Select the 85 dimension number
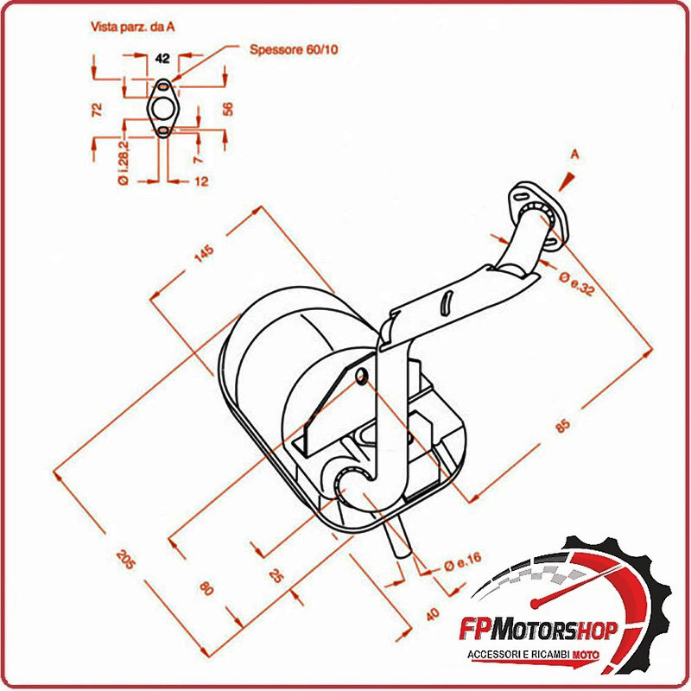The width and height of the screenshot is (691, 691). tap(562, 426)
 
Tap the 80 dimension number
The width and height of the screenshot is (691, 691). tap(206, 589)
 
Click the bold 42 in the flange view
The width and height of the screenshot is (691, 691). tap(162, 59)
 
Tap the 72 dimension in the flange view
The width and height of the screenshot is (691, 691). tap(97, 109)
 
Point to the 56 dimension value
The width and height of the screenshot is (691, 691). tap(228, 109)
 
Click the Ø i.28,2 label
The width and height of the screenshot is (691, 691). tap(123, 160)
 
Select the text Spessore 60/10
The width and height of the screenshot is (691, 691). tap(294, 50)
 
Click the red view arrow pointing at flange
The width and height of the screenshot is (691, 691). tap(567, 179)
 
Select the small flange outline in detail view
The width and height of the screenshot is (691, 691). tap(162, 108)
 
